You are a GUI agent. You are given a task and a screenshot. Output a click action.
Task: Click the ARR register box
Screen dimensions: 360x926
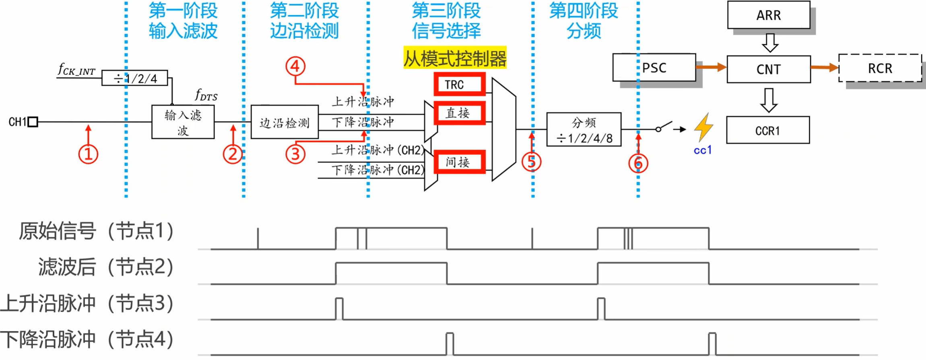768,15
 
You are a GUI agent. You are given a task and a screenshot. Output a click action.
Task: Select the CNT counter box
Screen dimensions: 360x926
768,69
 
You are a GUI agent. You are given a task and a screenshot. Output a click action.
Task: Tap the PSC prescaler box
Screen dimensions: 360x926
654,68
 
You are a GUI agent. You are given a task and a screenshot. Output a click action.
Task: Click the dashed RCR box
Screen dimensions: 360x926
880,68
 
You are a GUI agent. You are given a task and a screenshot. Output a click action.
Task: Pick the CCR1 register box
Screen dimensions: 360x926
767,130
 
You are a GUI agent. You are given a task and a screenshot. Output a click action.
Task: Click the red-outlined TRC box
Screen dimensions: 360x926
459,84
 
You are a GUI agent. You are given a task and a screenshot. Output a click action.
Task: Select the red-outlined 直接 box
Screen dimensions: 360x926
459,113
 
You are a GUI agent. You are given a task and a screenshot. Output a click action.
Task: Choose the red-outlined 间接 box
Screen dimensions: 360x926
459,162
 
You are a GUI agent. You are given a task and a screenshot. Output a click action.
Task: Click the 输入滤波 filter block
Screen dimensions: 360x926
183,122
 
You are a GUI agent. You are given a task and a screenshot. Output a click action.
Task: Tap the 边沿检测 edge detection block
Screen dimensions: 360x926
285,122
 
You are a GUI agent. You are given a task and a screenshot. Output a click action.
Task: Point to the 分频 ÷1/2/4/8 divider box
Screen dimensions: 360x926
584,130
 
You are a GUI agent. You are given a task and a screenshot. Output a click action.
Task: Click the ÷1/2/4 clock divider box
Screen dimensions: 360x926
134,78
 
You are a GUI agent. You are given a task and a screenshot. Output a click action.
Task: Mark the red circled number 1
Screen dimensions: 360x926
88,154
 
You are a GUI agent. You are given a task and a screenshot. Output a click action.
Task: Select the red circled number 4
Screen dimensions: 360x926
295,66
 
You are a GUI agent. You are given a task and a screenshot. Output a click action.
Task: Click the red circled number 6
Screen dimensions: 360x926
638,163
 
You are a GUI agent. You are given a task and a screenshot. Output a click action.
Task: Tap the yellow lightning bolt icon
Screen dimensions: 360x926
703,127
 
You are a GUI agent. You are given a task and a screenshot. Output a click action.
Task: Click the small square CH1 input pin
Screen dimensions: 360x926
33,121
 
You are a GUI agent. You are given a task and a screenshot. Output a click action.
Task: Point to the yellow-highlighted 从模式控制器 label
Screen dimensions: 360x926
455,59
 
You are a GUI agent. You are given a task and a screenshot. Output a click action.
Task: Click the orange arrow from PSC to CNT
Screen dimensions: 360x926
711,67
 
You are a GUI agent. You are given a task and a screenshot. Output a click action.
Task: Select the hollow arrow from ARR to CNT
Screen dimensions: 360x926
770,42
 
